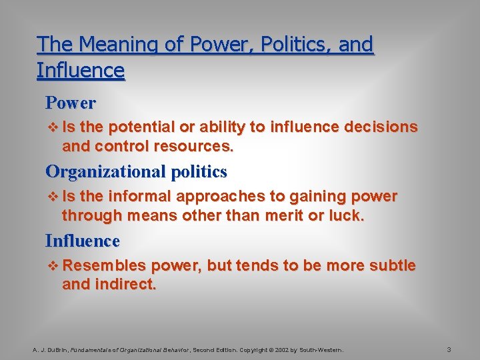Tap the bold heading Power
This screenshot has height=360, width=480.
click(71, 103)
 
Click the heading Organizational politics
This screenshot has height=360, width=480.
click(136, 171)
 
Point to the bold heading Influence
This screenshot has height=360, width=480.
click(83, 240)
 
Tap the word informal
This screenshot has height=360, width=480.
click(141, 197)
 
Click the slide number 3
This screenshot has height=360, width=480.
click(449, 350)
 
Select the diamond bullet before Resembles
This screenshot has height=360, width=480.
click(54, 266)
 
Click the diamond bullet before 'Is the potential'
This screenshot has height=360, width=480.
click(54, 127)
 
